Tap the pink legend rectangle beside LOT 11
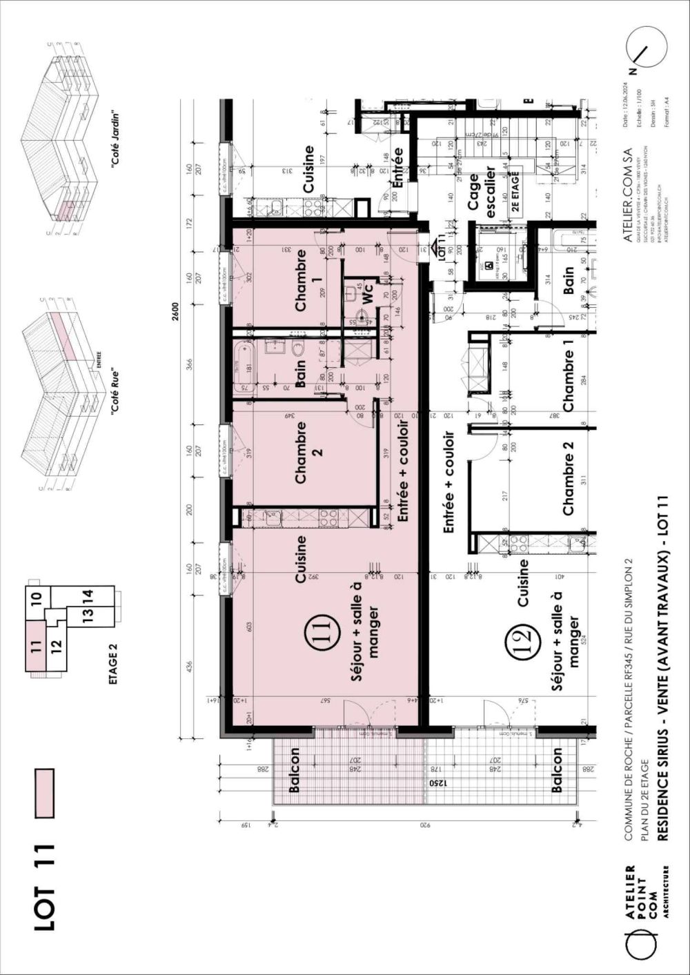[44, 794]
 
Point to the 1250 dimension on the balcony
[435, 784]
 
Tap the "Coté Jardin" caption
[115, 138]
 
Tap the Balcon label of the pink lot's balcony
[294, 769]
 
